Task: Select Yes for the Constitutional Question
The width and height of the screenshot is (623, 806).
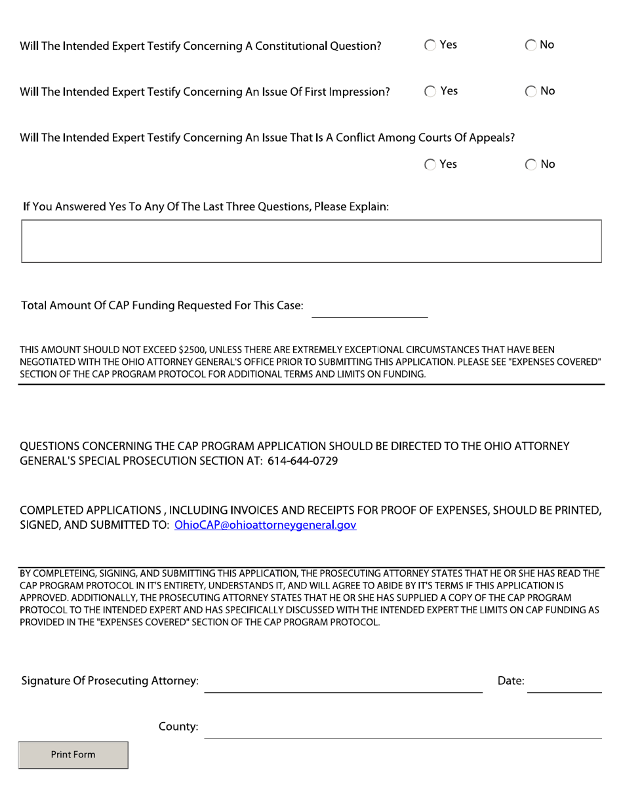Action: click(430, 46)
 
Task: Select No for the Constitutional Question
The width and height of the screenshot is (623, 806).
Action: click(531, 46)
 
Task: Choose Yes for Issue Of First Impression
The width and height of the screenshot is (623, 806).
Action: click(430, 92)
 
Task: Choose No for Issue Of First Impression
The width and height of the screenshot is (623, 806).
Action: click(531, 92)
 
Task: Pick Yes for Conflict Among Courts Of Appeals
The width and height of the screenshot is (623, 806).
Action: click(430, 165)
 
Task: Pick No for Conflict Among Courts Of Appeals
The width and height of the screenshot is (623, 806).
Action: click(531, 165)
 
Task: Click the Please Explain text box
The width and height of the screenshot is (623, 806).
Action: click(311, 241)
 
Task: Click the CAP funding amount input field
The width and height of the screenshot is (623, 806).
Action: click(369, 308)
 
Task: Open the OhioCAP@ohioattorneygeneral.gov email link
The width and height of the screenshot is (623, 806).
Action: click(266, 525)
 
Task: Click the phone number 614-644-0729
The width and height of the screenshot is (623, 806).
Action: click(302, 461)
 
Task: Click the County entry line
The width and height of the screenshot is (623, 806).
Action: click(403, 728)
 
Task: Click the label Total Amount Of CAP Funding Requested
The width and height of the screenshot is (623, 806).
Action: click(162, 306)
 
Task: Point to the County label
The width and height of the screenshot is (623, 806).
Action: click(178, 727)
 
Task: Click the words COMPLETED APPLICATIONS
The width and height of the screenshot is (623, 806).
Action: click(90, 510)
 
